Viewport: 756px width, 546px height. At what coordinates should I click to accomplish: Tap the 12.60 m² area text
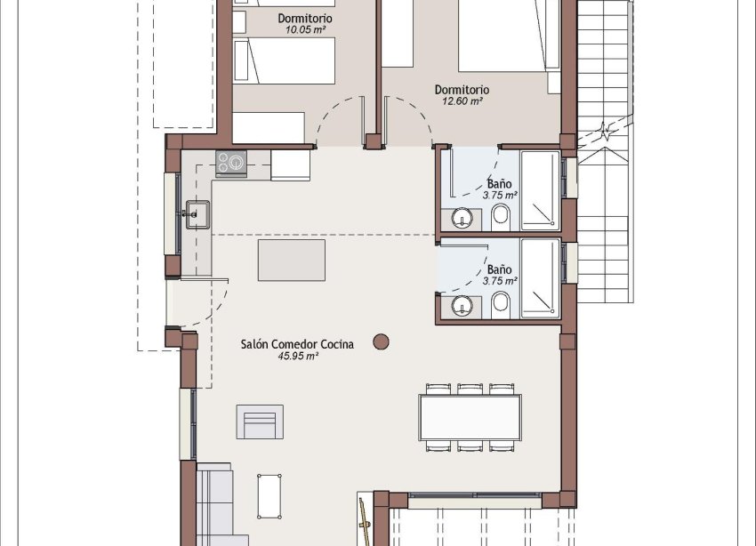point(462,101)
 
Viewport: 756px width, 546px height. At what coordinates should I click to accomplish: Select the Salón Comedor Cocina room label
point(297,343)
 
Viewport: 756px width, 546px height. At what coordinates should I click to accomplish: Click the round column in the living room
point(382,340)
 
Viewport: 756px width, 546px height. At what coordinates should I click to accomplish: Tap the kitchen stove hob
point(230,163)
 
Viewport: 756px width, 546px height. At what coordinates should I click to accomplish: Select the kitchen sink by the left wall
point(197,213)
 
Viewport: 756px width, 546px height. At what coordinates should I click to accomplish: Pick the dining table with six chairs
point(470,417)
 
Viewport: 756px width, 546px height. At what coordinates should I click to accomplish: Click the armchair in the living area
point(260,422)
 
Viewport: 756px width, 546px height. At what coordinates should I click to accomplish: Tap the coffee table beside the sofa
point(271,495)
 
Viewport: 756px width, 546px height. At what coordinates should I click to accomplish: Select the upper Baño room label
point(499,183)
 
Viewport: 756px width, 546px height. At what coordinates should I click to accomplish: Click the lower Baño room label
point(499,269)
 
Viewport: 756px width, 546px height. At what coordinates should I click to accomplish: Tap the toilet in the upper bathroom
point(500,215)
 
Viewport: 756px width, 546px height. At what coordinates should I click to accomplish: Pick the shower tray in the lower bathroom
point(540,277)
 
